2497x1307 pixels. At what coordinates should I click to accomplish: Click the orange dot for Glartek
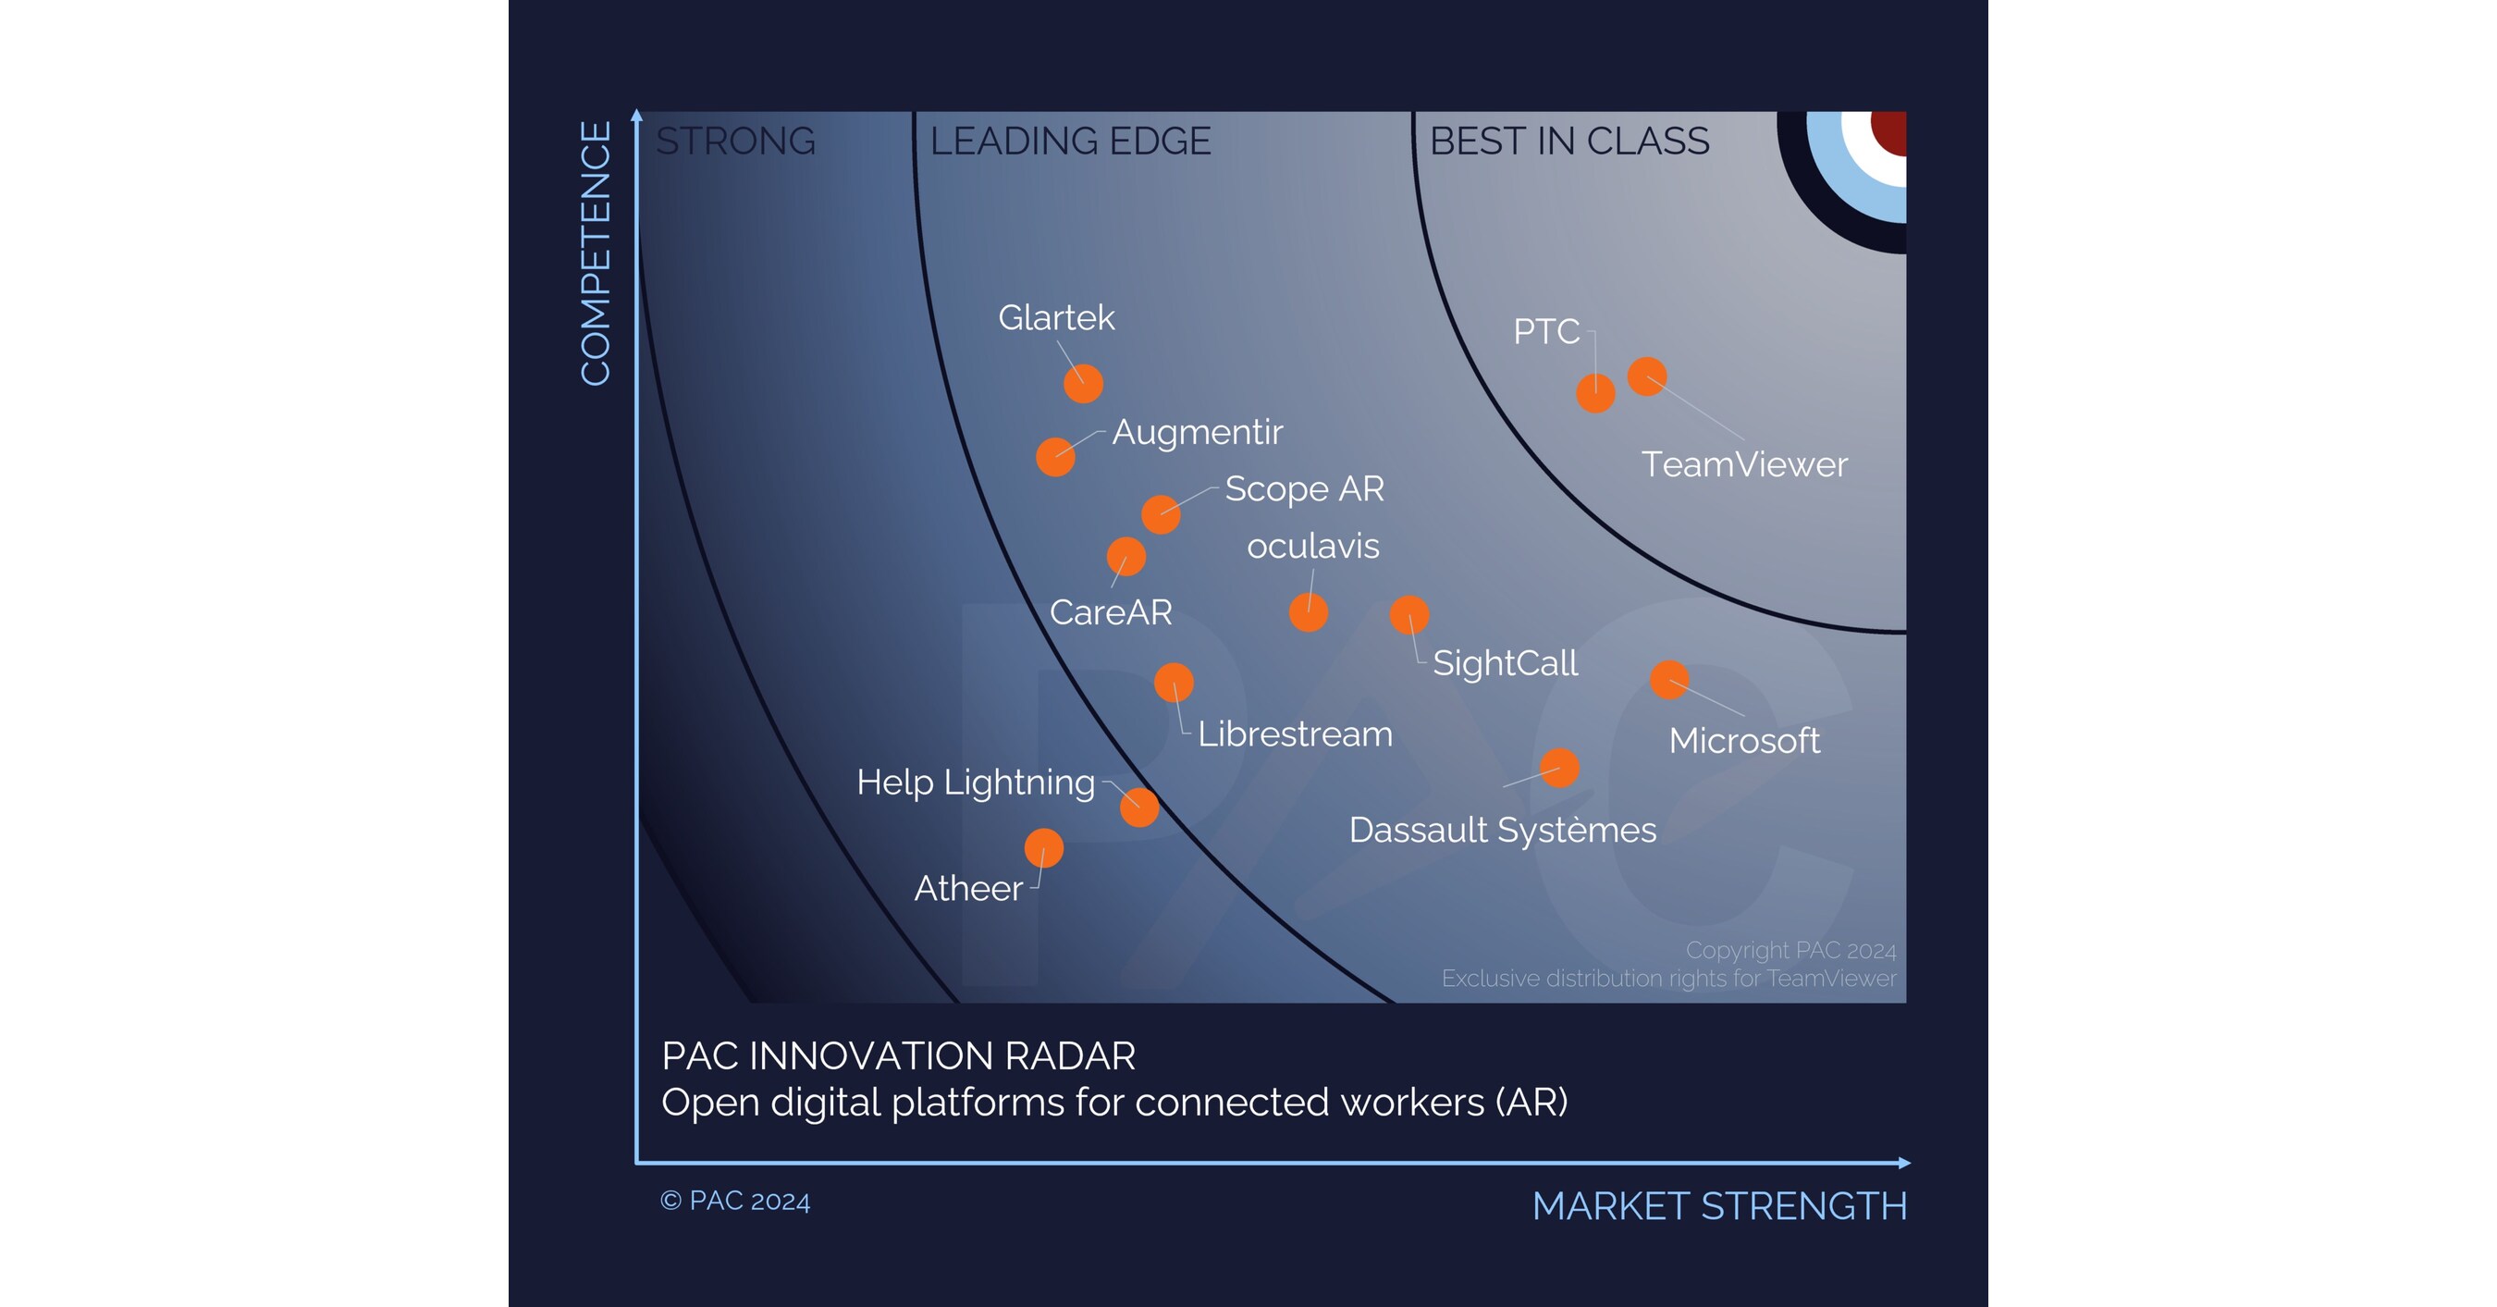coord(1083,383)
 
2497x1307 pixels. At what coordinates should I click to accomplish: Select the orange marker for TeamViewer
coord(1647,376)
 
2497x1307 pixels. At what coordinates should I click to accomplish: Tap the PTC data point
coord(1595,393)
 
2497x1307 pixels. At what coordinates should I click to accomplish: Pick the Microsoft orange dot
coord(1669,680)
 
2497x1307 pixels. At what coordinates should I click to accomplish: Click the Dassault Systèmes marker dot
coord(1559,768)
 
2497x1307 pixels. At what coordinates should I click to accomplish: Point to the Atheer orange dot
coord(1044,848)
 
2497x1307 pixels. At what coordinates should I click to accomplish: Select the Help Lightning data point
coord(1139,807)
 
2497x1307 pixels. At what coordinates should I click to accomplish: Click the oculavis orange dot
coord(1309,612)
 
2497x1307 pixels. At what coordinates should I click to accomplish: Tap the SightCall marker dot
coord(1409,615)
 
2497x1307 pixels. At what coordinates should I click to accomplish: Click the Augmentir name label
coord(1197,431)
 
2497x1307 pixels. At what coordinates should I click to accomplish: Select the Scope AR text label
coord(1304,488)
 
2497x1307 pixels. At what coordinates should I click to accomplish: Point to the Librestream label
coord(1295,734)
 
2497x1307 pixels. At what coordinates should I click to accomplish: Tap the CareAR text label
coord(1111,611)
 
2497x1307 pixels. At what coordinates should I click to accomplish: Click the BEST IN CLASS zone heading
coord(1569,142)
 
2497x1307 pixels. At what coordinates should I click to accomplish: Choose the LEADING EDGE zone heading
coord(1070,142)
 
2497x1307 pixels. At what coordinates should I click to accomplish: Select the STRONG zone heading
coord(736,142)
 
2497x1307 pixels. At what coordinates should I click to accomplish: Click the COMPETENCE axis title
coord(596,253)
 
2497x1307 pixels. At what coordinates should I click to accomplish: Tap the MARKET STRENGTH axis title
coord(1719,1206)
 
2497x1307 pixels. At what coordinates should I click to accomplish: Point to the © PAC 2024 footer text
coord(734,1201)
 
